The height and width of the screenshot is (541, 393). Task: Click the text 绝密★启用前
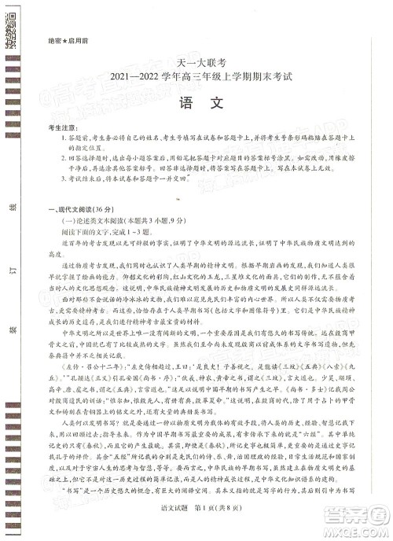coord(63,40)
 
